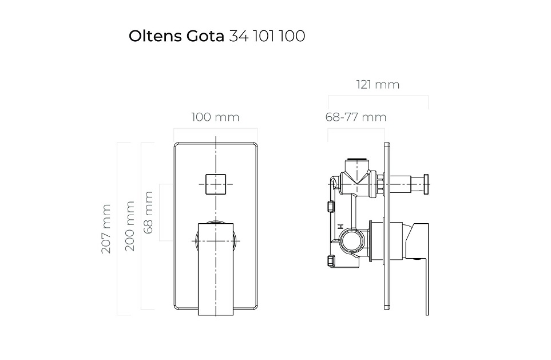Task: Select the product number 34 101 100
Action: [267, 36]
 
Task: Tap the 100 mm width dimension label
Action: [215, 117]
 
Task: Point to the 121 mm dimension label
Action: [378, 85]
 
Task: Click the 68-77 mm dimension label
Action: [356, 117]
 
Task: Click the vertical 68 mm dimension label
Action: [149, 212]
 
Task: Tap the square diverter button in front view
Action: [215, 183]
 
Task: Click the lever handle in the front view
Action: [216, 269]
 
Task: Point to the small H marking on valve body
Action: [340, 226]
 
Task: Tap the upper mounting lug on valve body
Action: [330, 206]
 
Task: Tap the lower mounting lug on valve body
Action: [330, 262]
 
